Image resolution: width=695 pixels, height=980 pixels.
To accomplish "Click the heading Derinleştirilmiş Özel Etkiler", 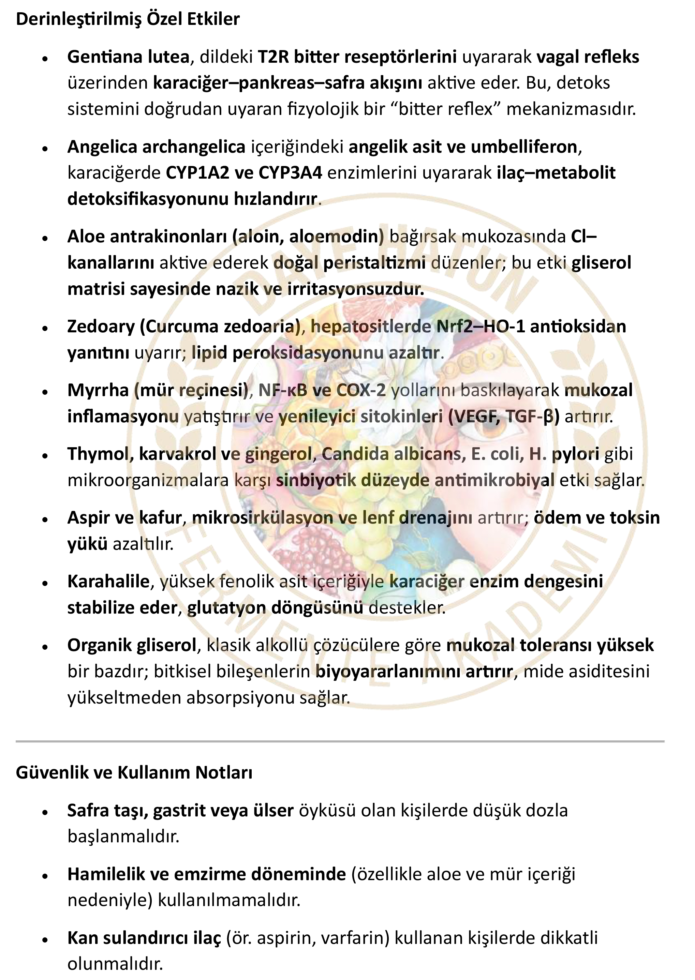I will point(128,19).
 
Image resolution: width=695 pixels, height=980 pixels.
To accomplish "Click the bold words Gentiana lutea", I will point(128,57).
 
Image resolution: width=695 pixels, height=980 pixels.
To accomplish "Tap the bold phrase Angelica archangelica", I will point(156,147).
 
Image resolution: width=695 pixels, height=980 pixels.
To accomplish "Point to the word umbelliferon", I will point(524,147).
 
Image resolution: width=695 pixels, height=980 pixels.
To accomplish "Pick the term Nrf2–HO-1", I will point(480,326).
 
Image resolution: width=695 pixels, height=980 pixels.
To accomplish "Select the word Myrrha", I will point(98,390).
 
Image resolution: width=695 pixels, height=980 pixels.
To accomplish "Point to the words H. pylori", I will point(564,454).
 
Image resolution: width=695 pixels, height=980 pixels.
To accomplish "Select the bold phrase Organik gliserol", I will point(131,645).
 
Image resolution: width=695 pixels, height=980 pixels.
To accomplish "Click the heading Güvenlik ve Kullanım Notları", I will point(134,772).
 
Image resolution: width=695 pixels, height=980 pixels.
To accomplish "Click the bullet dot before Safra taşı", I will point(45,812).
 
